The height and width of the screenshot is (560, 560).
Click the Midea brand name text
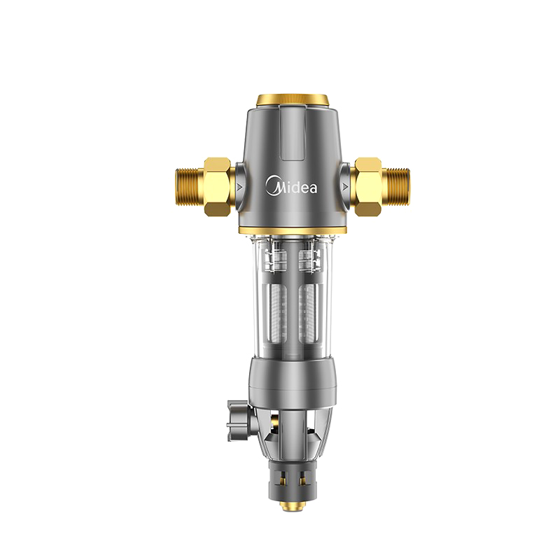(x=291, y=185)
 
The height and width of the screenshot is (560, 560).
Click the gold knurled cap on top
(x=293, y=100)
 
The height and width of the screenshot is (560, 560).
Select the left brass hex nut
(x=217, y=186)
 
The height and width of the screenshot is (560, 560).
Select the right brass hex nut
(x=368, y=186)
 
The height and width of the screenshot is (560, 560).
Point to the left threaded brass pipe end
(x=190, y=186)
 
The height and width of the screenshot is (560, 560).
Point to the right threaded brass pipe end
(x=395, y=186)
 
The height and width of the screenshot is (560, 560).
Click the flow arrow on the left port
(x=239, y=186)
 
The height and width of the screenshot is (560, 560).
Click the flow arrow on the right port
(x=345, y=186)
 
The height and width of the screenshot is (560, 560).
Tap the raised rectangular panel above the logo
(x=293, y=133)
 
